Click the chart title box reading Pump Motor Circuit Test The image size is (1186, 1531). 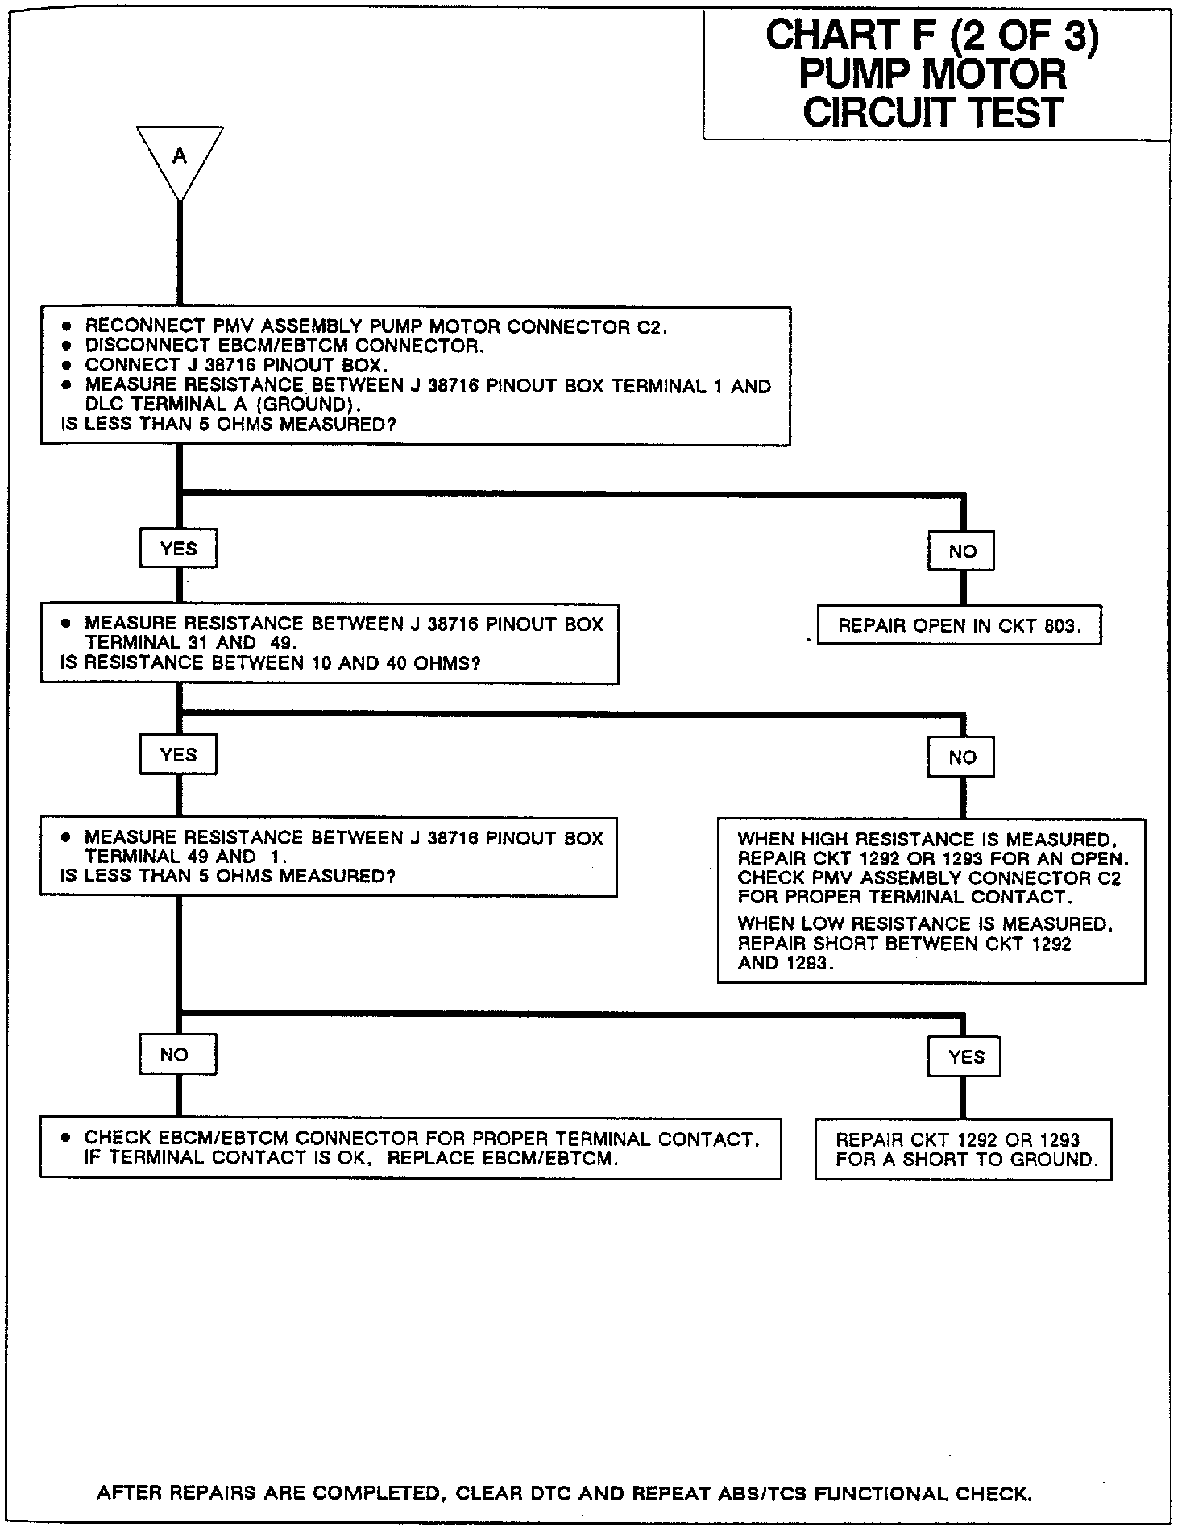935,74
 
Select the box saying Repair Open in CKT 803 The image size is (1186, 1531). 959,626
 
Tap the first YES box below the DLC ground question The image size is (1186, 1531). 178,549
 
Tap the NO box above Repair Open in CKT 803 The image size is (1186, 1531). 962,552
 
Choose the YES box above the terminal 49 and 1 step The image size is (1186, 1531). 178,755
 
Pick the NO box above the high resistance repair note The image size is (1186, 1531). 962,757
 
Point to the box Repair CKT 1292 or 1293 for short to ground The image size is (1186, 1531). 963,1150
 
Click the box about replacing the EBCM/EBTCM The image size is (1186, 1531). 410,1148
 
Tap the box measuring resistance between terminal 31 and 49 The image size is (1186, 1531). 330,643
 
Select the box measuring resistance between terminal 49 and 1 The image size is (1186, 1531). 329,857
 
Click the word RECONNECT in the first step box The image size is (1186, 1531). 133,326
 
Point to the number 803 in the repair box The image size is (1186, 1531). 1058,626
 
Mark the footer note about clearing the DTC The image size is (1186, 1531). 564,1493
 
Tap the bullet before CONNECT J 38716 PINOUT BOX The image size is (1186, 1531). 67,365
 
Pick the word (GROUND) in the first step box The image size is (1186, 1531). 306,405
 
